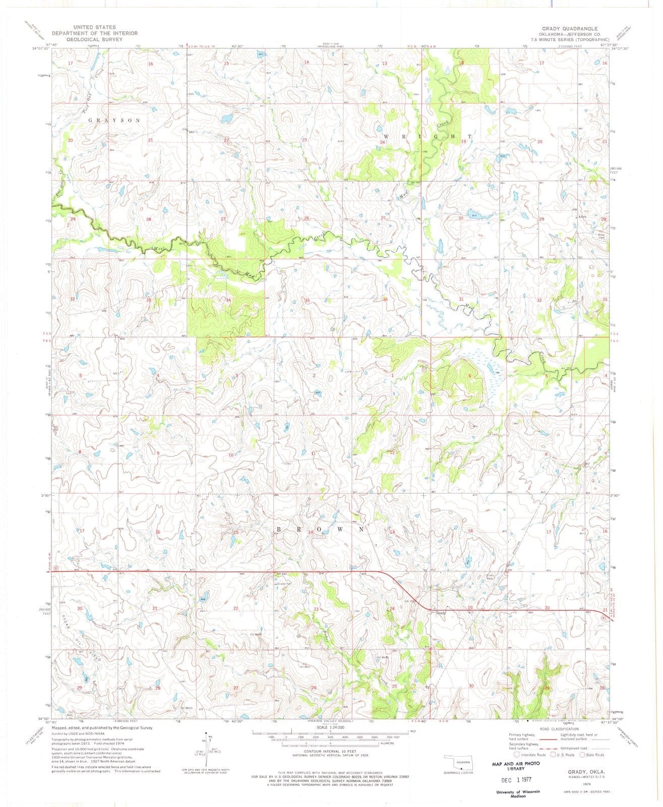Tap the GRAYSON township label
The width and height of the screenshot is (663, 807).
tap(114, 121)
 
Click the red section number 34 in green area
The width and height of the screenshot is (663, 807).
tap(228, 300)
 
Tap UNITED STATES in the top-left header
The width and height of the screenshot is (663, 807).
tap(94, 27)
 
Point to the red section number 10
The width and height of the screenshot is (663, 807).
tap(231, 455)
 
